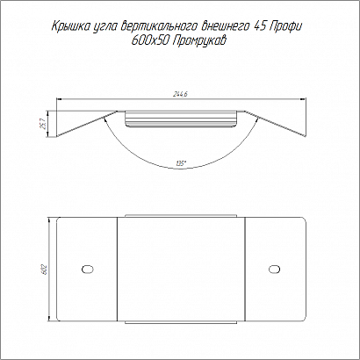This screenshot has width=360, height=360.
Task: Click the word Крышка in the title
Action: pos(68,26)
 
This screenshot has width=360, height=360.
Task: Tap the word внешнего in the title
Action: pos(226,26)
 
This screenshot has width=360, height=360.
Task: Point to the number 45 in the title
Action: pos(259,25)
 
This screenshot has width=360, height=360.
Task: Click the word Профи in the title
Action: pos(284,26)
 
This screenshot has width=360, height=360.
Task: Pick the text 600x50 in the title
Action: pos(148,41)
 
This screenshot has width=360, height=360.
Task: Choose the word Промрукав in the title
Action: pos(198,41)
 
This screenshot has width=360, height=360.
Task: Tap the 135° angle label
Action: pos(182,164)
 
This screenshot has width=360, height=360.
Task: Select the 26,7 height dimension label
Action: pos(42,124)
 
